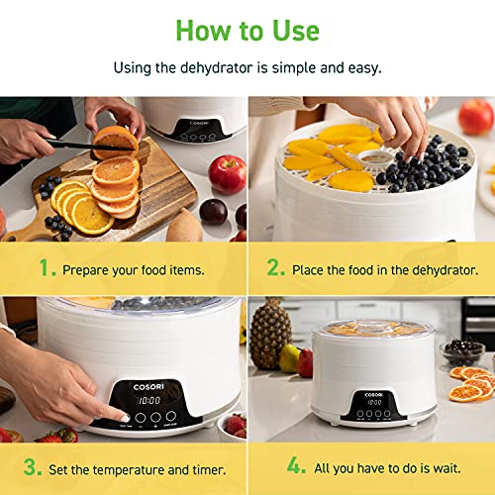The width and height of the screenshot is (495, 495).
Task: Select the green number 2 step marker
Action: coord(276,268)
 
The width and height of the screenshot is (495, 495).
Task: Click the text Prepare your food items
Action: coord(133,269)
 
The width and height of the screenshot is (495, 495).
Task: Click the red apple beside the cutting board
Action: coord(227,174)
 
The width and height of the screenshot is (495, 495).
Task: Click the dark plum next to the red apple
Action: coord(212,211)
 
